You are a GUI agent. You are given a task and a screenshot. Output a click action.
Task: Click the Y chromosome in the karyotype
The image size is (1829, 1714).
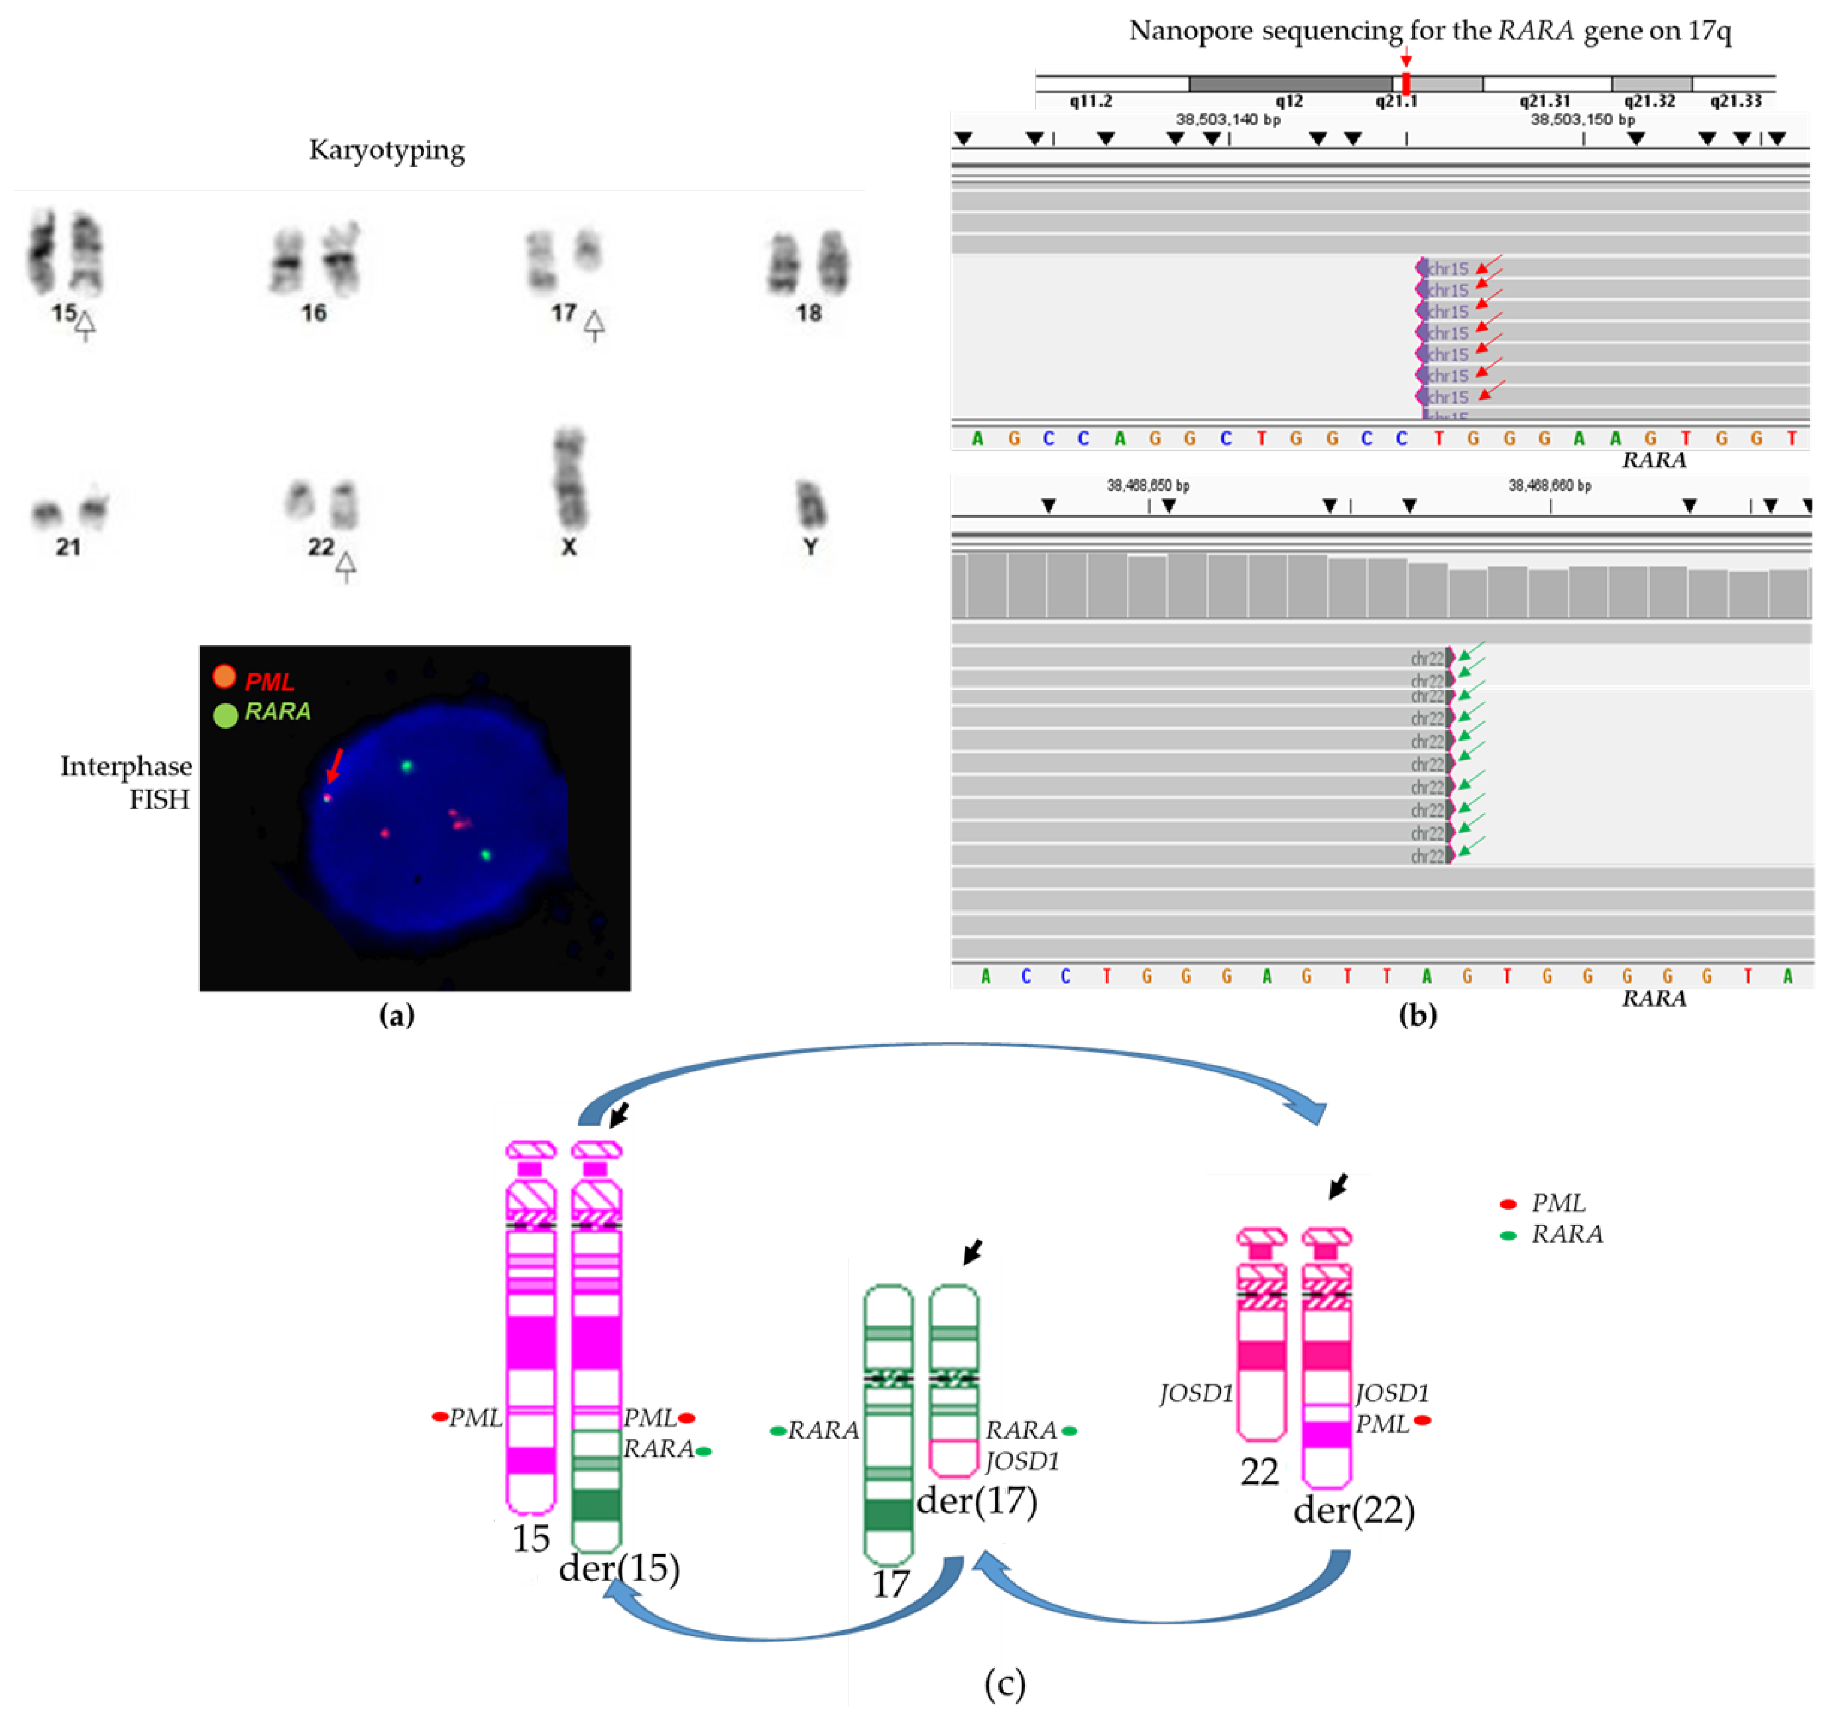(811, 504)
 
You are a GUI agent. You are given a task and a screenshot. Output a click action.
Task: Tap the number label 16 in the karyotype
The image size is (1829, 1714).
(314, 313)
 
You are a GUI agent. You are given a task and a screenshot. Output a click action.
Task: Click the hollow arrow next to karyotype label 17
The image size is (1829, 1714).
(594, 324)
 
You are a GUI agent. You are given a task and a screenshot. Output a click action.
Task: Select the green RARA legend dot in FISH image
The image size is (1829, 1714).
(225, 715)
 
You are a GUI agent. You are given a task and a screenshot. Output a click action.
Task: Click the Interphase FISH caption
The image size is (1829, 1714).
(126, 782)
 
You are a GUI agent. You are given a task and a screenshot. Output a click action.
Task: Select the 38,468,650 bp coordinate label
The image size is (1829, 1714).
(1148, 485)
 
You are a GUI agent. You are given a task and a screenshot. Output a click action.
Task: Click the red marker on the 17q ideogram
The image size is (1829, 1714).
(1406, 83)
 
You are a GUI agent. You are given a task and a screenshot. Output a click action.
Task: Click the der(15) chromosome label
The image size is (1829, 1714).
(619, 1568)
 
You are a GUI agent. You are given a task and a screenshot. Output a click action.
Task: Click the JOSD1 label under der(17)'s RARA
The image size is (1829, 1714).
(1022, 1461)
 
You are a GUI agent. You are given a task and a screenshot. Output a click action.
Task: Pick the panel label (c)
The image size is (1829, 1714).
(1005, 1683)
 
